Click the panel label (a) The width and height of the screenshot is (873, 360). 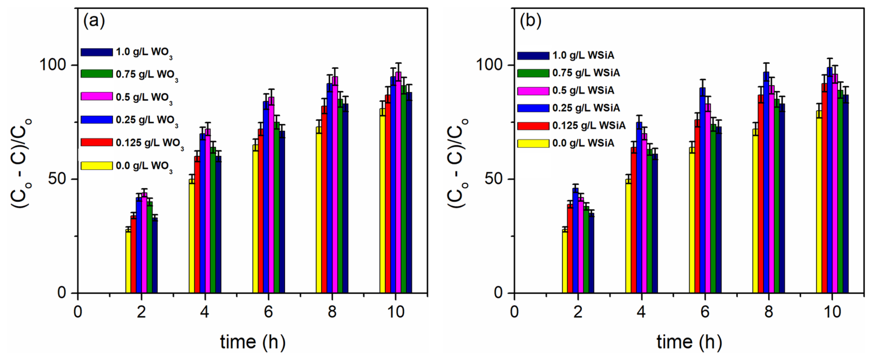coord(94,21)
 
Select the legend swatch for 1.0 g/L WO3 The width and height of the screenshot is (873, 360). coord(97,52)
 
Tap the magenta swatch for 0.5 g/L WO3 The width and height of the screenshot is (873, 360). coord(97,97)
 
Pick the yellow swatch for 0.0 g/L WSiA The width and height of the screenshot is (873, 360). coord(533,143)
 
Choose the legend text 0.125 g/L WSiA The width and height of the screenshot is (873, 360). coord(589,125)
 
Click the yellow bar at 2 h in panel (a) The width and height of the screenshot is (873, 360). coord(128,261)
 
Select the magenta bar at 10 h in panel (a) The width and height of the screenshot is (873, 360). coord(398,183)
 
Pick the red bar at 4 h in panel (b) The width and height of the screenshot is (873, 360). coord(634,220)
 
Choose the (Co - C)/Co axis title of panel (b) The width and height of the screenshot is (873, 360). coord(458,163)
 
